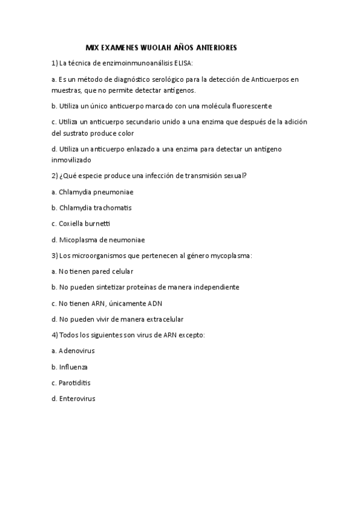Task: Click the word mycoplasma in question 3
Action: (x=232, y=255)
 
